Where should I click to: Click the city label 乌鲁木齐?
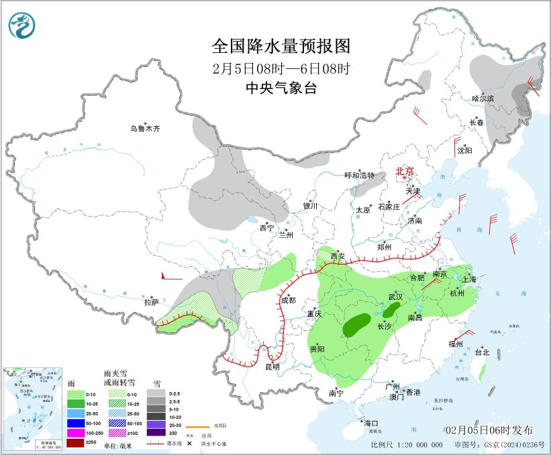146,128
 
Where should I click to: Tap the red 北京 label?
405,171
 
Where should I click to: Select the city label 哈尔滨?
483,99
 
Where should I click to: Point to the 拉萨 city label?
151,302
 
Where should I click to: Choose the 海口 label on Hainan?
371,423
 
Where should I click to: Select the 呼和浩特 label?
360,175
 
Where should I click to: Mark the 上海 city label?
469,279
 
